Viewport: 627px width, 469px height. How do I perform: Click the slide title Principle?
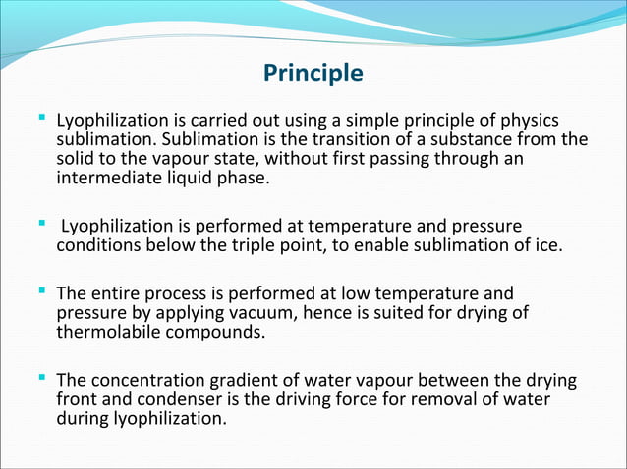click(313, 74)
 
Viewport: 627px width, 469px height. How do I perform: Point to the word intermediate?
click(108, 179)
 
